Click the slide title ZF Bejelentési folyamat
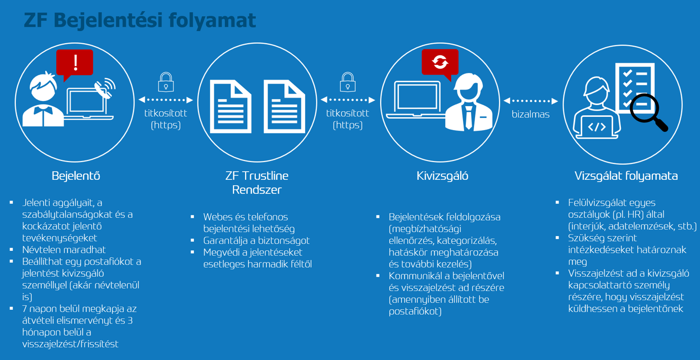pos(140,21)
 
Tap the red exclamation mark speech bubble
pos(75,64)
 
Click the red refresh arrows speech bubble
pos(440,63)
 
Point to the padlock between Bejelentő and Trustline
pos(166,82)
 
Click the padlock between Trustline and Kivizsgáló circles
pos(348,82)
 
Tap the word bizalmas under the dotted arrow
pos(530,114)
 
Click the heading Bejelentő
pos(76,176)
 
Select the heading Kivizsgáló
pos(442,176)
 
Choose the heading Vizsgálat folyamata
pos(626,176)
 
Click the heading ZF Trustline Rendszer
pos(257,182)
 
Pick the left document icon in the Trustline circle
pos(230,107)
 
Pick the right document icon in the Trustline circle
pos(284,107)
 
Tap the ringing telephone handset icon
pos(105,88)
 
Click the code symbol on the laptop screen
pos(597,127)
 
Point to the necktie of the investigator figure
pos(469,117)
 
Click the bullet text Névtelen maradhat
pos(64,250)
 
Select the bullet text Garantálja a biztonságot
pos(256,241)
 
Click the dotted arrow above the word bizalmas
pos(530,101)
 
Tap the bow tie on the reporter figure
pos(42,111)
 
